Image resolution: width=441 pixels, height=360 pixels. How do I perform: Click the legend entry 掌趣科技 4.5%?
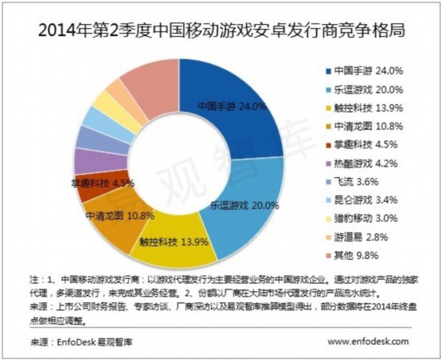click(x=361, y=145)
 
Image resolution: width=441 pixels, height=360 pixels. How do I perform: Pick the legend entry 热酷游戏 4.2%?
click(x=361, y=164)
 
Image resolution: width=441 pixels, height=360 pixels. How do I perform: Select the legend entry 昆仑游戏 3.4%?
click(x=361, y=200)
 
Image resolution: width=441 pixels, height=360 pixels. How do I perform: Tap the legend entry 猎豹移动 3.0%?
click(x=361, y=219)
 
